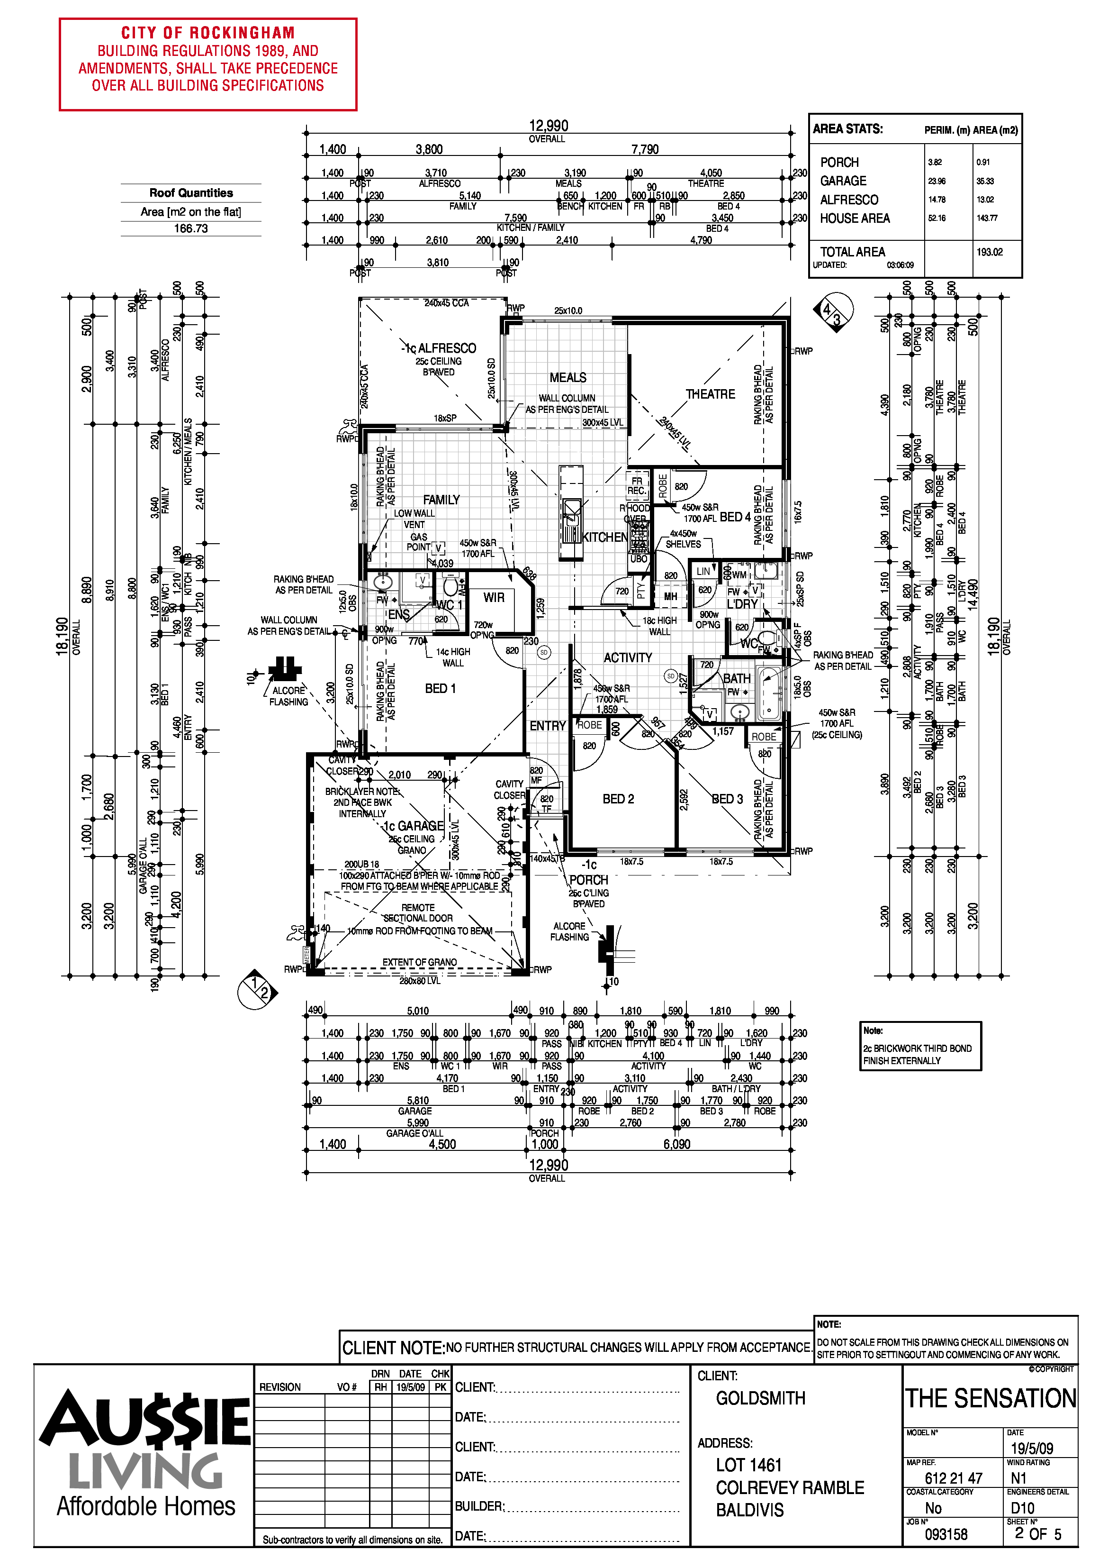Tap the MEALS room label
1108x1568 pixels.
pyautogui.click(x=568, y=378)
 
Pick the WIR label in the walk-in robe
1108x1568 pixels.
pyautogui.click(x=494, y=598)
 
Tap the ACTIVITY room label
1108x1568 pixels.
pyautogui.click(x=627, y=657)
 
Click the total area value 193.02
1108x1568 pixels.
pyautogui.click(x=989, y=252)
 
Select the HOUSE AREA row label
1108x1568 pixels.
pyautogui.click(x=855, y=219)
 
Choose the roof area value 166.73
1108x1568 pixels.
pyautogui.click(x=190, y=228)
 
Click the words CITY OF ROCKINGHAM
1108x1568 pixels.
pyautogui.click(x=207, y=33)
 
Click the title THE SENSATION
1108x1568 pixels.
pyautogui.click(x=990, y=1399)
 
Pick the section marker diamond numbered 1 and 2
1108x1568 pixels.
pyautogui.click(x=257, y=988)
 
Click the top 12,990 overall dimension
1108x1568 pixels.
pyautogui.click(x=548, y=126)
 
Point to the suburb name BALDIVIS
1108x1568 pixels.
pyautogui.click(x=749, y=1510)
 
